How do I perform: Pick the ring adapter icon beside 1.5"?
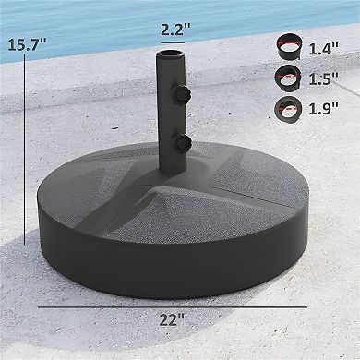tap(287, 77)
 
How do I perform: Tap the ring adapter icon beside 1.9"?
tap(287, 111)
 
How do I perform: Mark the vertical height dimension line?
tap(25, 148)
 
